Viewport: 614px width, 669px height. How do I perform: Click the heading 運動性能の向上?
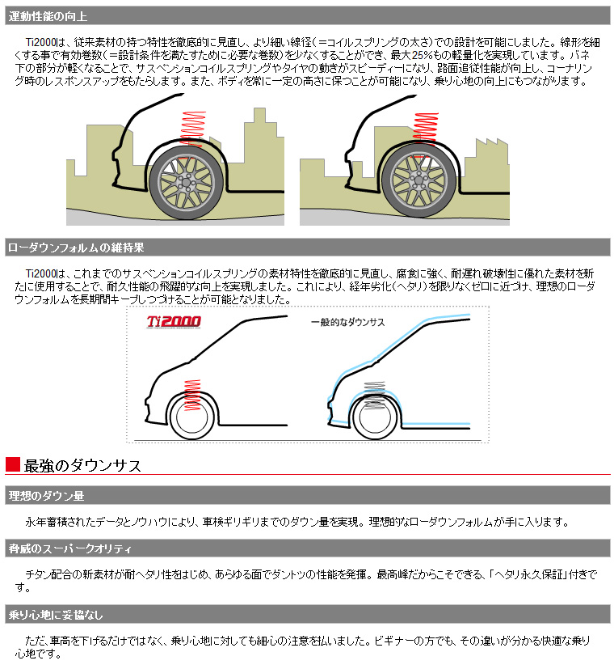point(48,15)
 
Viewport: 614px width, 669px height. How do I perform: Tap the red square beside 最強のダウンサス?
point(12,464)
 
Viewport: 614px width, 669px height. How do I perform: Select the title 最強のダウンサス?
point(83,465)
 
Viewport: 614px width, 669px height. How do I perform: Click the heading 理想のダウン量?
point(46,495)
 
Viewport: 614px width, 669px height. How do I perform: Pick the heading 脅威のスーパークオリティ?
point(69,549)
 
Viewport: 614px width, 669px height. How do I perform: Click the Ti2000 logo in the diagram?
point(174,321)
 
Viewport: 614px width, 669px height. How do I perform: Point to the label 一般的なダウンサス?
point(348,322)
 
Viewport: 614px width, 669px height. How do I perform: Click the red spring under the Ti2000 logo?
point(192,392)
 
